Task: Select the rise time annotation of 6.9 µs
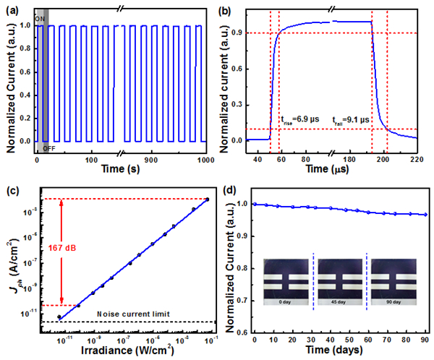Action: (x=298, y=119)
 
